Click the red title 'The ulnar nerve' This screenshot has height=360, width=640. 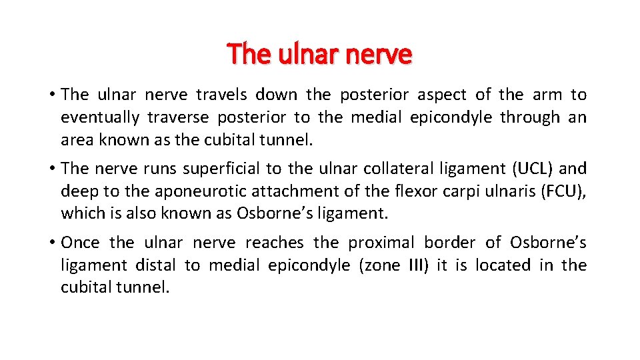click(x=319, y=53)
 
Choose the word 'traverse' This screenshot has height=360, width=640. click(x=175, y=117)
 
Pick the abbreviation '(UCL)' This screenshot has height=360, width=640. click(x=529, y=169)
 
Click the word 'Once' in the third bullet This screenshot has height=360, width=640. click(x=81, y=243)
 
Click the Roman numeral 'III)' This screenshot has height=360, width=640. click(x=415, y=265)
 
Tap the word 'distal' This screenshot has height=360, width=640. click(x=155, y=265)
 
